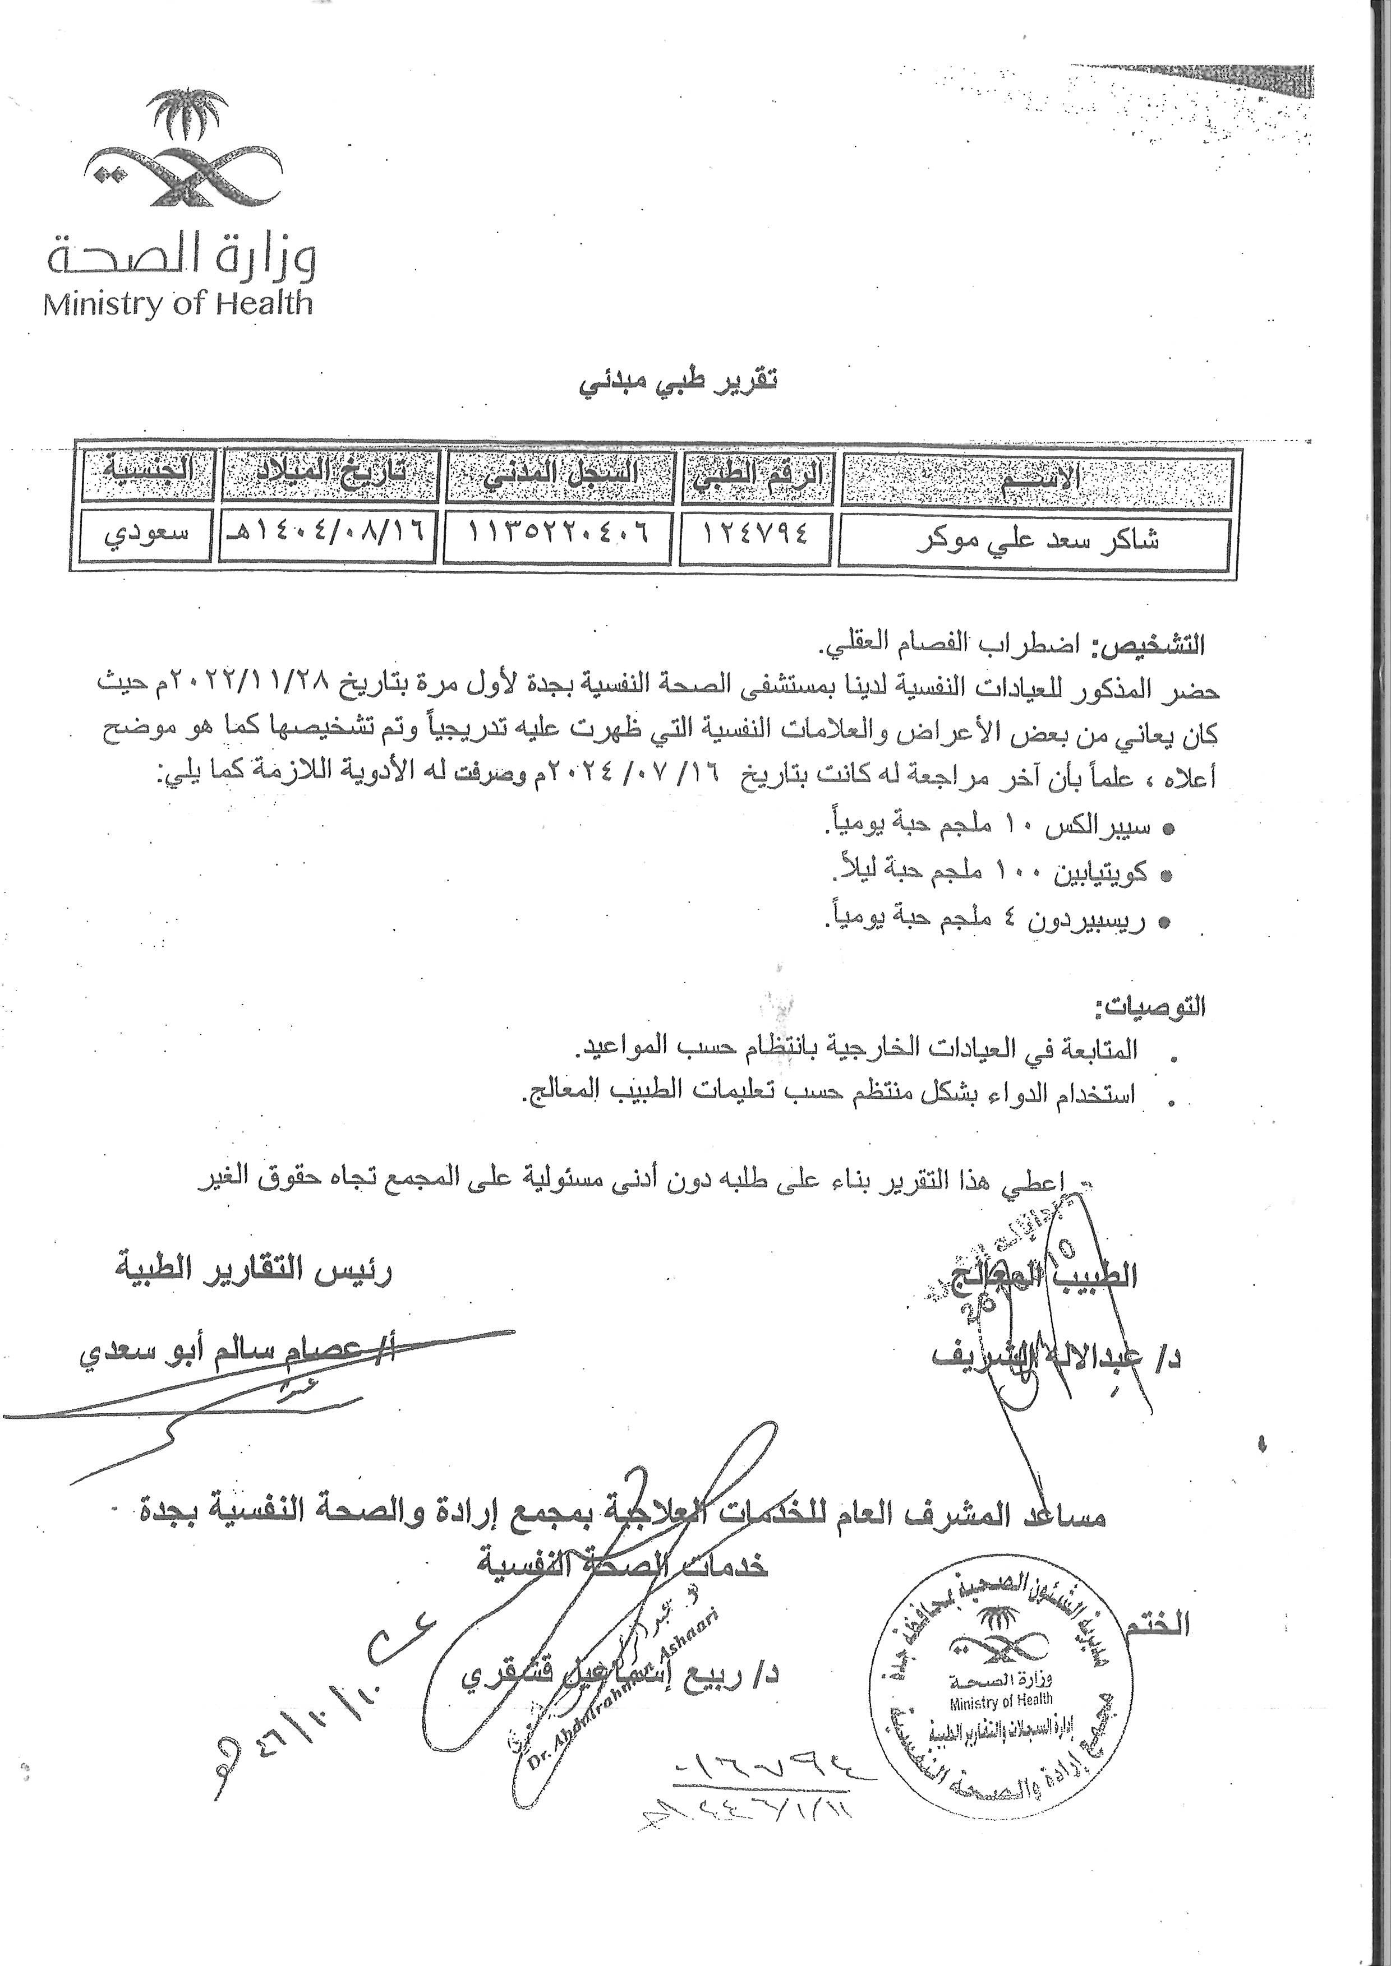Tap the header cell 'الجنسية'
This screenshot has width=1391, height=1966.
click(148, 475)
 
